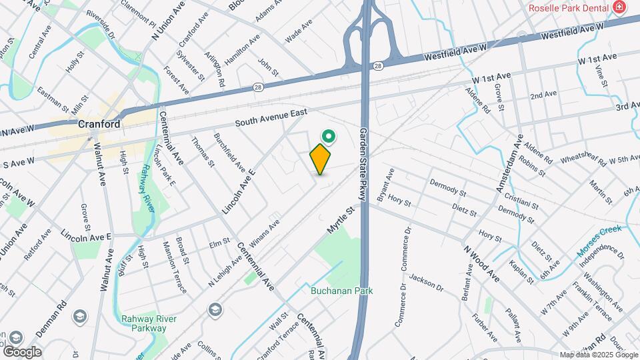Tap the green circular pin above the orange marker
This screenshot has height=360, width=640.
coord(328,137)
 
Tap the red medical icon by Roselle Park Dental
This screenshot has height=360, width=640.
coord(620,7)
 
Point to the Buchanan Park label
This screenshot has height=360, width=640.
coord(341,291)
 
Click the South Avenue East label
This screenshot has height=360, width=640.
coord(271,119)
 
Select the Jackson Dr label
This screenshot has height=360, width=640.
coord(426,283)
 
